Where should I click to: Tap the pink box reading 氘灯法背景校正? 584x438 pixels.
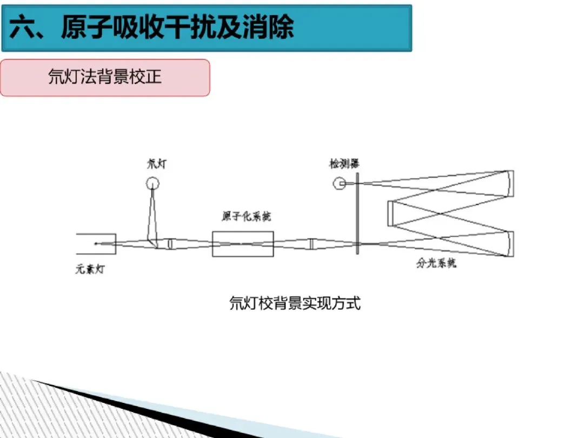[x=105, y=77]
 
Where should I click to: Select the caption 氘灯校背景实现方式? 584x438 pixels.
[x=295, y=303]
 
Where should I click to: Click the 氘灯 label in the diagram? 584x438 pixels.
[x=157, y=163]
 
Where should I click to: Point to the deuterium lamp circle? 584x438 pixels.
[x=153, y=184]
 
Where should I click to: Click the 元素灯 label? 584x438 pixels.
[x=90, y=269]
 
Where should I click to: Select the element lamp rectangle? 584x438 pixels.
[x=96, y=244]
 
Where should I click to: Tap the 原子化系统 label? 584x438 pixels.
[x=246, y=217]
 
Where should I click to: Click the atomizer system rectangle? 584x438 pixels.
[x=243, y=244]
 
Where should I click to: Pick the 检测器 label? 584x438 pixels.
[x=345, y=163]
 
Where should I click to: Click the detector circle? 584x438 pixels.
[x=340, y=184]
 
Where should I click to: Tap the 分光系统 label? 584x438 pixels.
[x=436, y=264]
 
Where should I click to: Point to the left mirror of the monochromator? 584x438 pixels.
[x=390, y=213]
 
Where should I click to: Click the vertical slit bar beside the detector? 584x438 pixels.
[x=357, y=216]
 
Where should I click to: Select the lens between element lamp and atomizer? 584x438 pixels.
[x=170, y=244]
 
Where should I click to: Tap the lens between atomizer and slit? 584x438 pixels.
[x=311, y=244]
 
